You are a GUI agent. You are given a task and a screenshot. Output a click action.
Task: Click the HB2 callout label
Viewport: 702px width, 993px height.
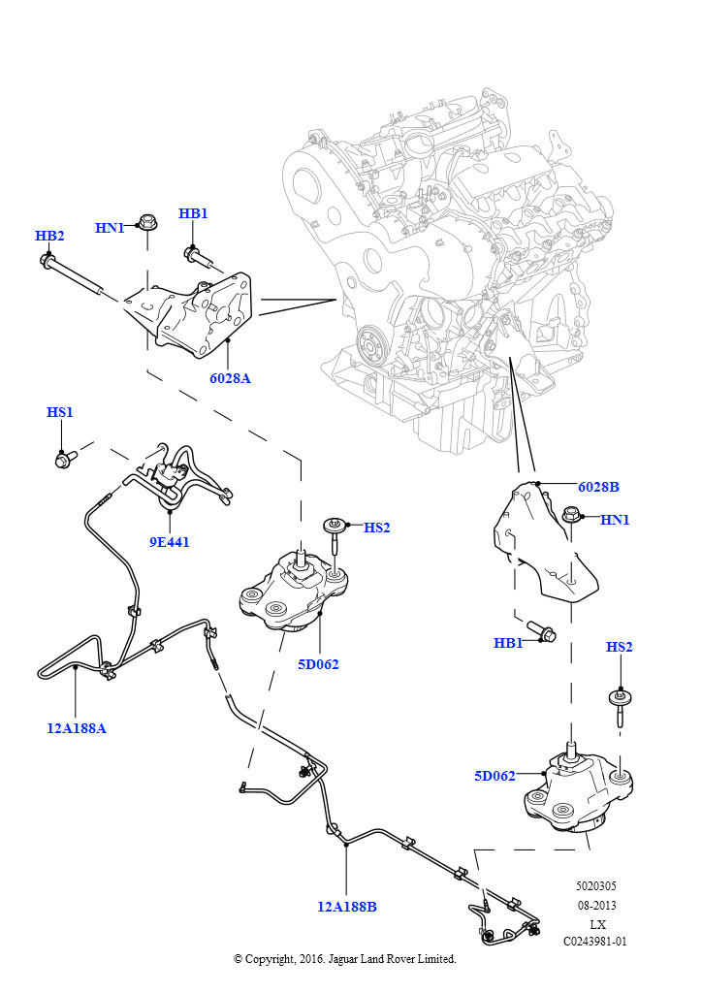point(49,236)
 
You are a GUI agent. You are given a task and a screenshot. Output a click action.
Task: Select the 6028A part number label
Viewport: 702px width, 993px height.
point(230,378)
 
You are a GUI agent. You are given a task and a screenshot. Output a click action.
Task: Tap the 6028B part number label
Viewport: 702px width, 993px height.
point(598,487)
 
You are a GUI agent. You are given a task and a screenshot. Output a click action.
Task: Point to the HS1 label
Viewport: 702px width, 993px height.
point(60,412)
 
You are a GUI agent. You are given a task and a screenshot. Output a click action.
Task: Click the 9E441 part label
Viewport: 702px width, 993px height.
point(169,542)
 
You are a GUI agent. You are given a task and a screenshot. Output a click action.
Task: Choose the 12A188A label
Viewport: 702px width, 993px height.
point(77,727)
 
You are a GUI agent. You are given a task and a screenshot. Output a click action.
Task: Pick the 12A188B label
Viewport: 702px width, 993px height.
point(346,907)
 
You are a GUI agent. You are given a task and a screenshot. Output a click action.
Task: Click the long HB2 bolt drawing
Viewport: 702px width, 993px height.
point(73,273)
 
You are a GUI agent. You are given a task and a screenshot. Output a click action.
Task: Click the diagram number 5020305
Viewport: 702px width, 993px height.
point(595,886)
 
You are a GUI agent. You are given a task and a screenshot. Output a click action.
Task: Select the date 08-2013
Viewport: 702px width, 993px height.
point(595,905)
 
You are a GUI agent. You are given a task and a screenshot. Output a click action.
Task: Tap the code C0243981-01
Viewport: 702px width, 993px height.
point(595,941)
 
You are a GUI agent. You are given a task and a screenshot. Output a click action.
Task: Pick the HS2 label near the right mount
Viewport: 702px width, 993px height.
point(619,647)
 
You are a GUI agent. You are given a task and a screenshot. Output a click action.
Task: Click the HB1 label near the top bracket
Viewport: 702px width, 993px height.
point(193,213)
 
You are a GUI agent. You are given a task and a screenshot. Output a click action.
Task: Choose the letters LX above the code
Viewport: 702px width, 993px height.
point(597,923)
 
